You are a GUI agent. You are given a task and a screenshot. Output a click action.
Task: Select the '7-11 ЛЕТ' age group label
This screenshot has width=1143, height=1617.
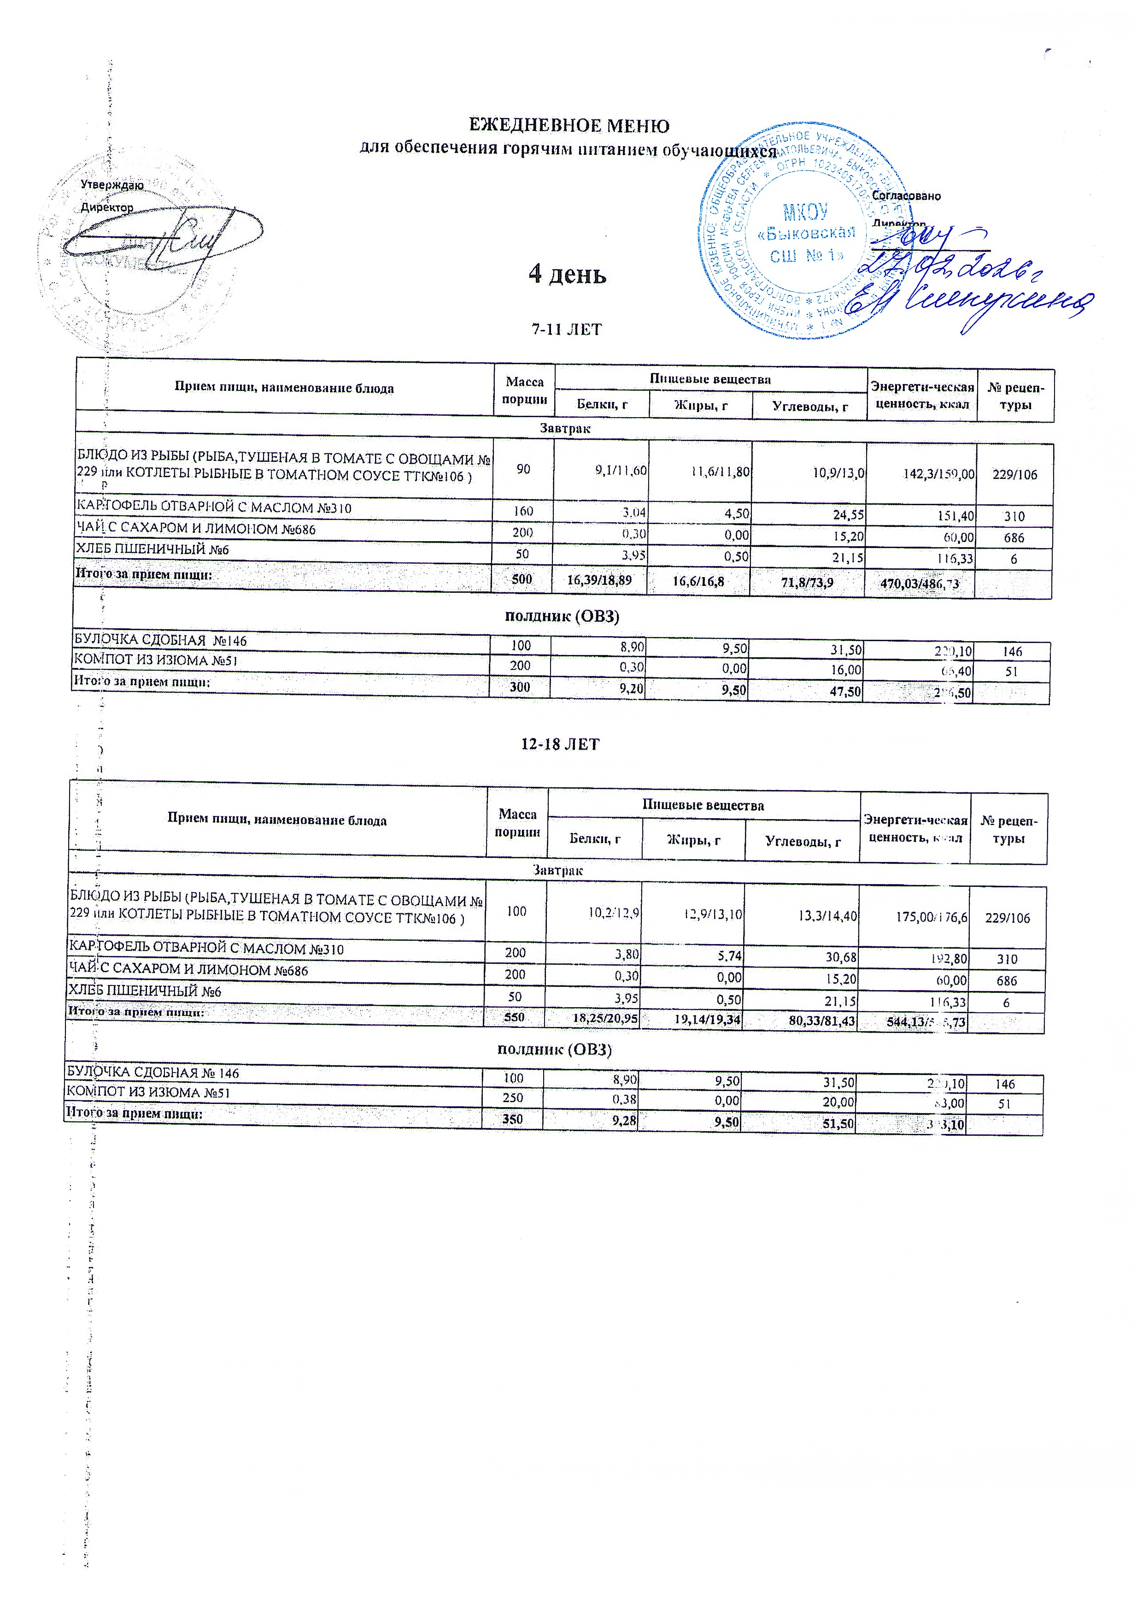567,329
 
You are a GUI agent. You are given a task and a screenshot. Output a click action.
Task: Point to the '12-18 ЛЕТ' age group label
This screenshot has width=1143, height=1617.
560,744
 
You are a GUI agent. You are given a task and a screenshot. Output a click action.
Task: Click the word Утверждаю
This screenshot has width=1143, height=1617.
112,185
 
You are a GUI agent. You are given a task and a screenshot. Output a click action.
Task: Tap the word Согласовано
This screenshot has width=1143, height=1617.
906,196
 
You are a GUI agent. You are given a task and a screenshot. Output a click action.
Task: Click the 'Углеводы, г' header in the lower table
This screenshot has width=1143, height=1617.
803,842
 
